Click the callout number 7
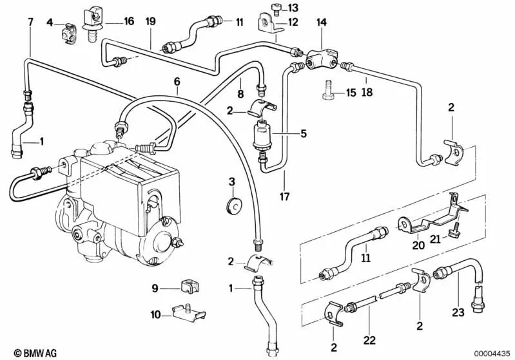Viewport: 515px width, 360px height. [x=30, y=23]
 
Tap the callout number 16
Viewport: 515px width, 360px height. [x=129, y=22]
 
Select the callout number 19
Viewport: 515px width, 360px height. [x=150, y=22]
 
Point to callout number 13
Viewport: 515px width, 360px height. [x=293, y=8]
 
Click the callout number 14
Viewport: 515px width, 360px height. [x=320, y=22]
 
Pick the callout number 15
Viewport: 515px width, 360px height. [x=351, y=93]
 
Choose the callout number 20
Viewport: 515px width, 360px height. [x=418, y=245]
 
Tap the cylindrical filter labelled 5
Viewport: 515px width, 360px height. [x=263, y=135]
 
